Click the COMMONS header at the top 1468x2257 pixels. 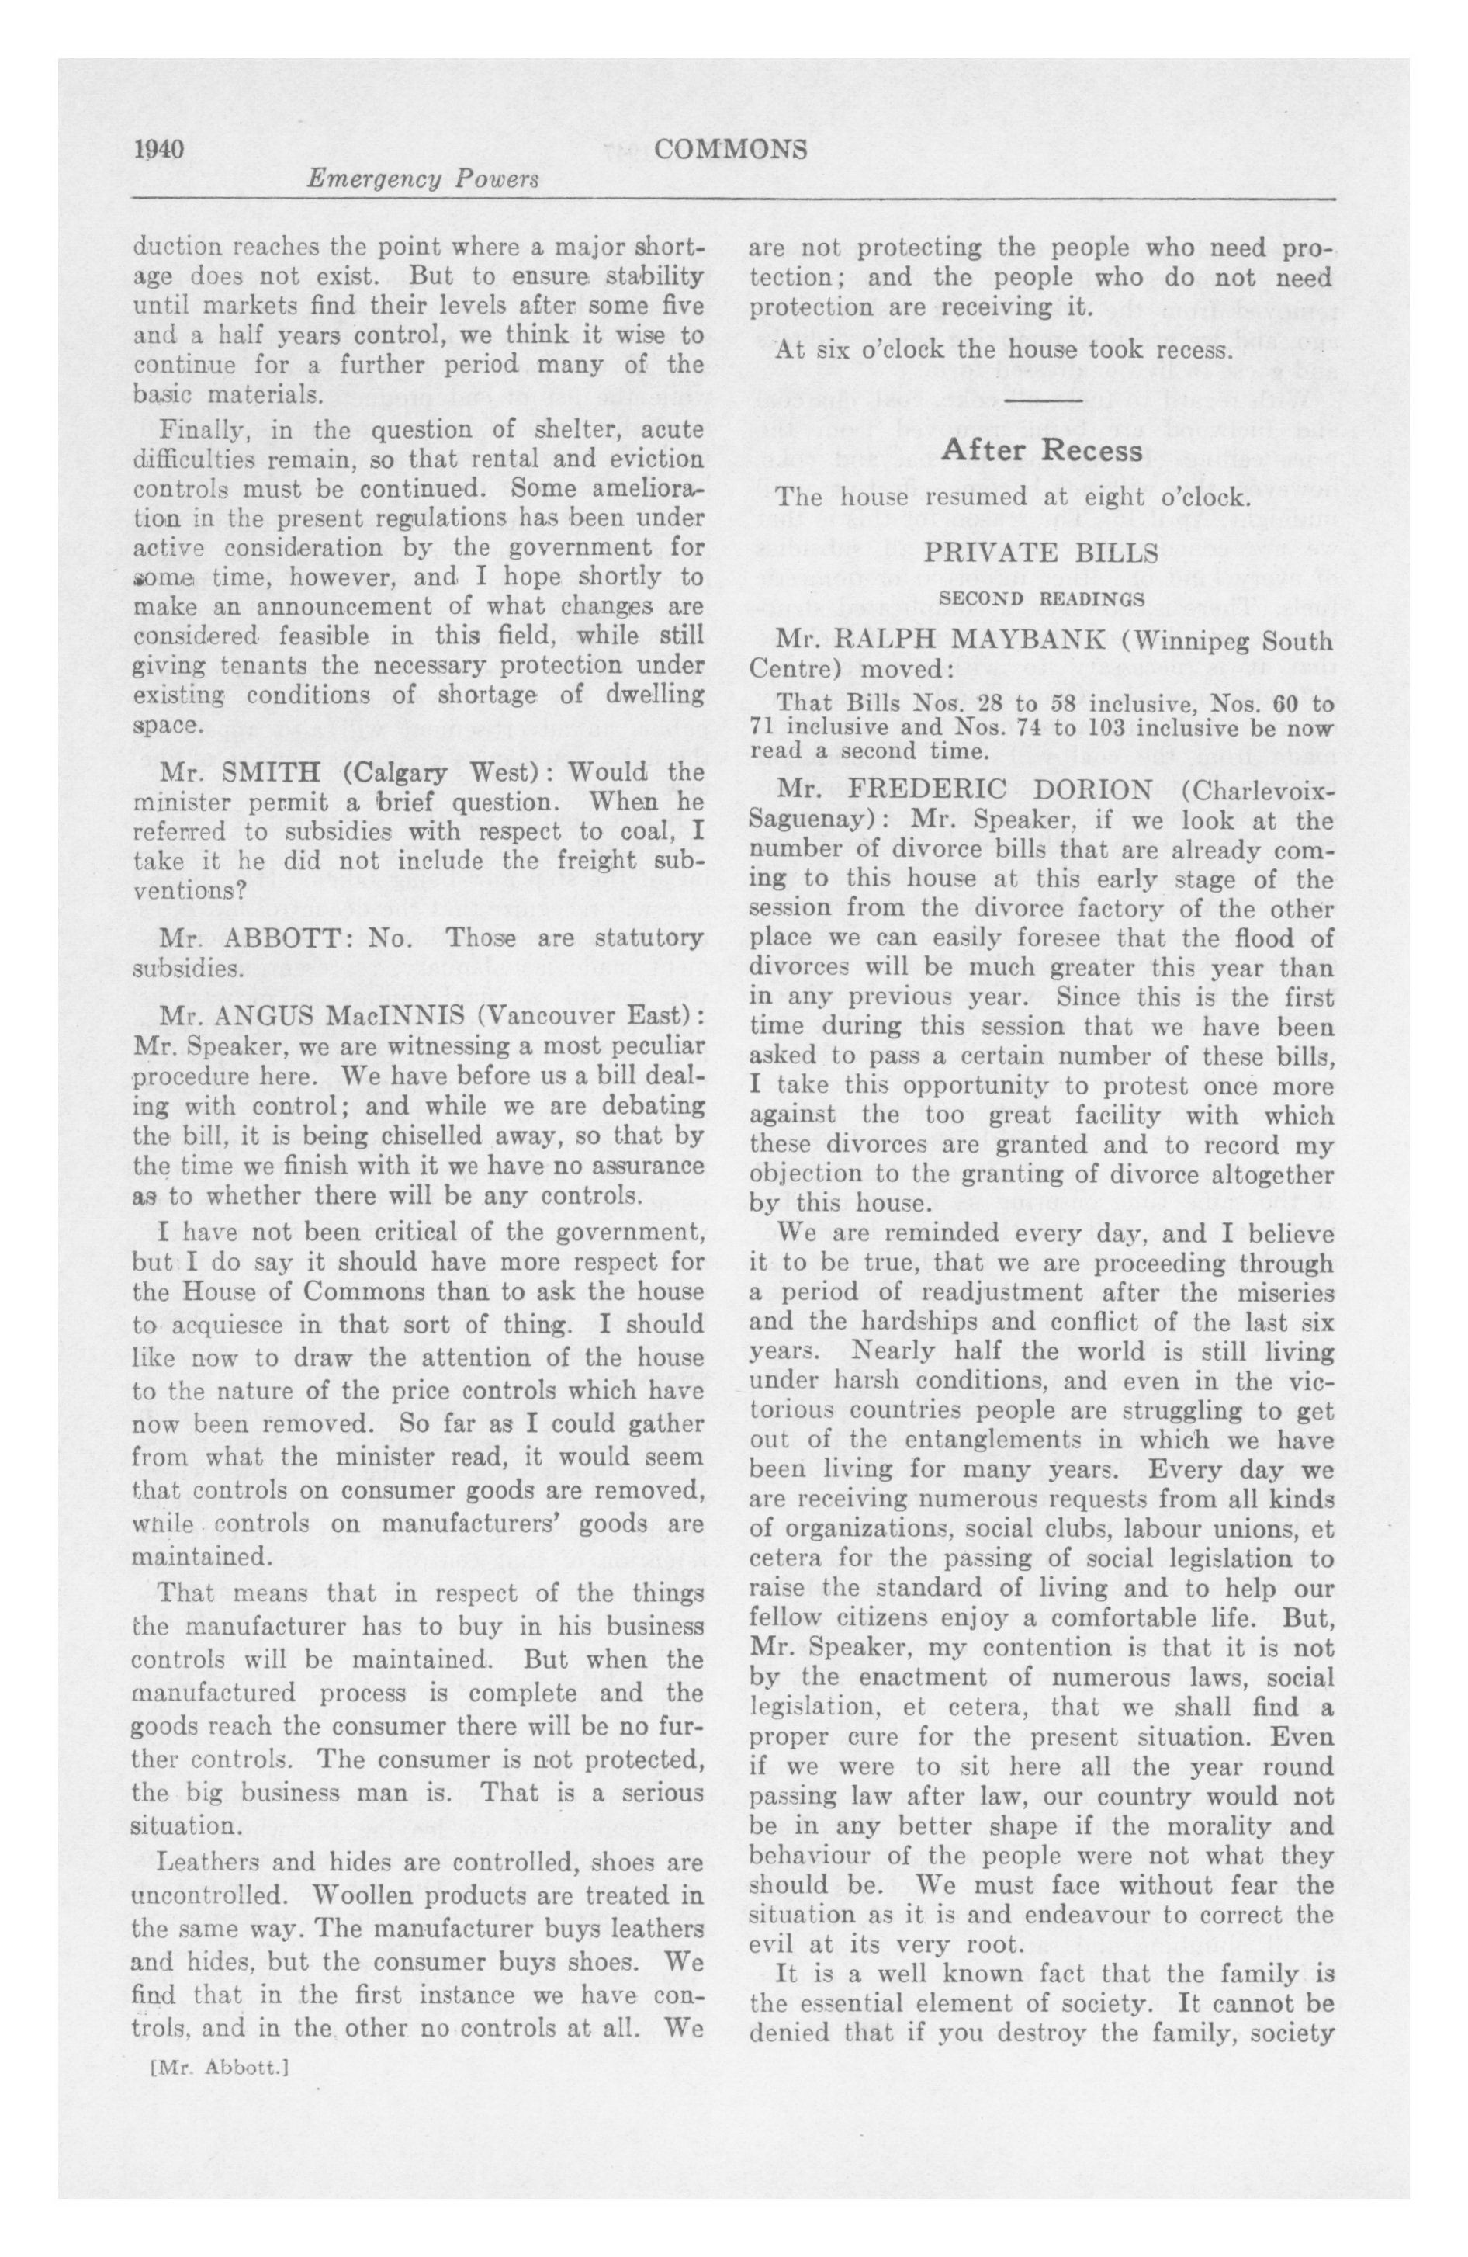pos(730,149)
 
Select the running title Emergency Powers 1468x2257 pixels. pos(422,179)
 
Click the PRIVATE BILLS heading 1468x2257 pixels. pos(1041,554)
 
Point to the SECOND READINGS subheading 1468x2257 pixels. pos(1041,599)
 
